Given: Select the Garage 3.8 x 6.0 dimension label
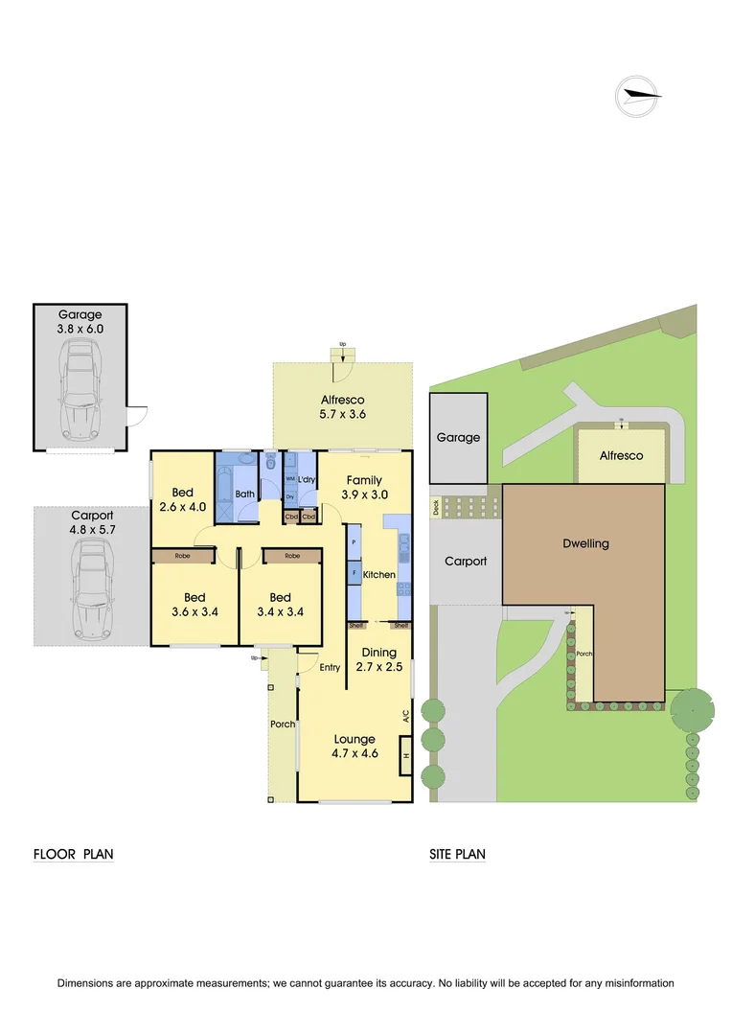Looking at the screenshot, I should (x=80, y=321).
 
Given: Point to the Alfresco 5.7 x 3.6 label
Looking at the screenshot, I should (x=342, y=407).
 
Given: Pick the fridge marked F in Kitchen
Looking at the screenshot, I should (x=355, y=575).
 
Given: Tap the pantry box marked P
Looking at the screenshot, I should (x=355, y=541).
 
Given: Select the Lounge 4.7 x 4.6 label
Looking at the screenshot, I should (x=355, y=746).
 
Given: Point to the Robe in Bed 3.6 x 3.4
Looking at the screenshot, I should (x=181, y=556).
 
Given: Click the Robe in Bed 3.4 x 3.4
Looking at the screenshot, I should (x=292, y=556).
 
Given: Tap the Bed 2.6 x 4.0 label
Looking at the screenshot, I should (x=183, y=499).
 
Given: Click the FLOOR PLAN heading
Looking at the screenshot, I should (x=74, y=854).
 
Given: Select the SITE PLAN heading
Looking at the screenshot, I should (x=457, y=854).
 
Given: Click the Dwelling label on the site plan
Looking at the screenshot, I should (x=584, y=543).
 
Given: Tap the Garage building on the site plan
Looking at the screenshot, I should (x=458, y=438).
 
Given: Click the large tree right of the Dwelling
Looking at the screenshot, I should (x=692, y=710).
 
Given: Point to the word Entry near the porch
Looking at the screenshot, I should (x=330, y=668).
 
